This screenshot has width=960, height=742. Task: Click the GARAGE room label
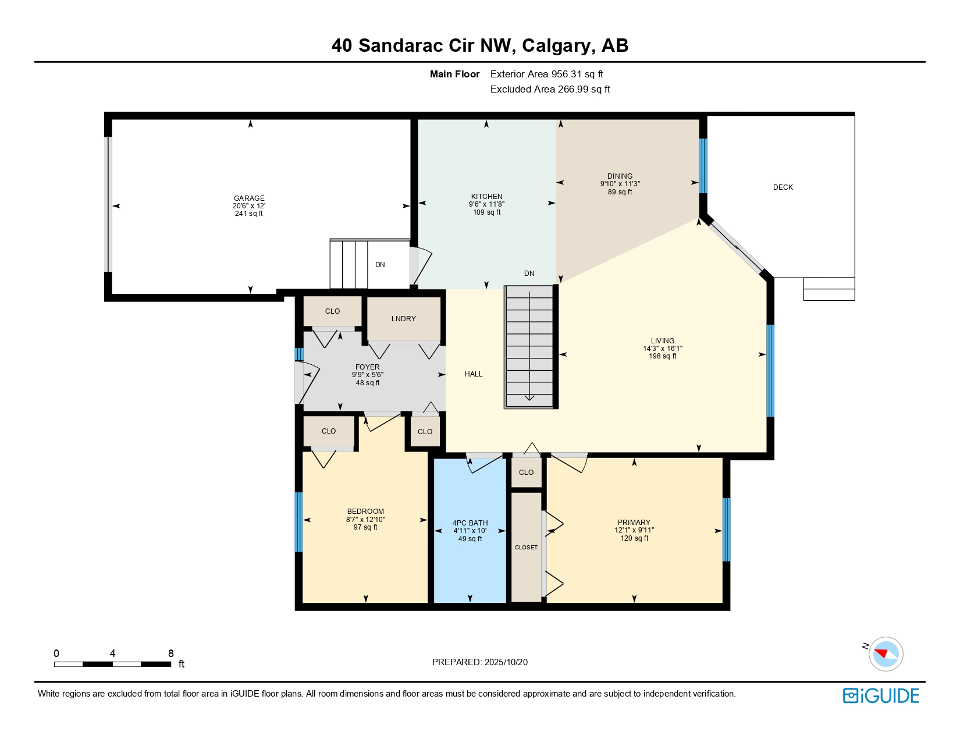(x=249, y=198)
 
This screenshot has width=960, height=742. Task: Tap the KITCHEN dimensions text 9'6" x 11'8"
(x=486, y=204)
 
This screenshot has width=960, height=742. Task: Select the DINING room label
(x=620, y=176)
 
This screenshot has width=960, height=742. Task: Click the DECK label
(x=783, y=187)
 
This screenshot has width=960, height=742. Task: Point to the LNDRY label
(x=403, y=319)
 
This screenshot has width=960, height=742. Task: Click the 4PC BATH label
(x=470, y=523)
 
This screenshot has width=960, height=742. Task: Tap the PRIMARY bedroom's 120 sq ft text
(x=634, y=538)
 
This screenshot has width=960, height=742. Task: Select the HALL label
(x=474, y=374)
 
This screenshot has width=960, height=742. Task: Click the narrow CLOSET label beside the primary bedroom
(x=526, y=548)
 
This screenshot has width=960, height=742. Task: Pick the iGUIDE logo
(x=881, y=696)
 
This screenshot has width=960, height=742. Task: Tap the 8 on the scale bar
(x=170, y=654)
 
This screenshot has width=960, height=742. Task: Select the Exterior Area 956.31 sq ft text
(x=546, y=74)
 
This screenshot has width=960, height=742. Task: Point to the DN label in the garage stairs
(x=380, y=265)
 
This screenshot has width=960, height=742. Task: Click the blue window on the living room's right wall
(x=770, y=371)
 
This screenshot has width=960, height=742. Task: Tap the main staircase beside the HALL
(x=529, y=346)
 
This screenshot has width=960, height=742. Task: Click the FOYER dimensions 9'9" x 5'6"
(x=367, y=375)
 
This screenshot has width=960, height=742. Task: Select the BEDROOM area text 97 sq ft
(x=365, y=527)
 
